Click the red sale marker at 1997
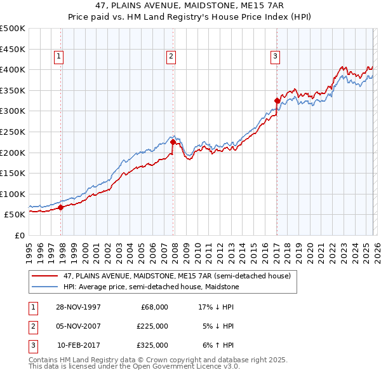61,207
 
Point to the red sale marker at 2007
173,142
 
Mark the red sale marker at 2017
277,100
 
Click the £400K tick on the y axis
13,69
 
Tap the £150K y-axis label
13,173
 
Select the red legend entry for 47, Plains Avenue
177,276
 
